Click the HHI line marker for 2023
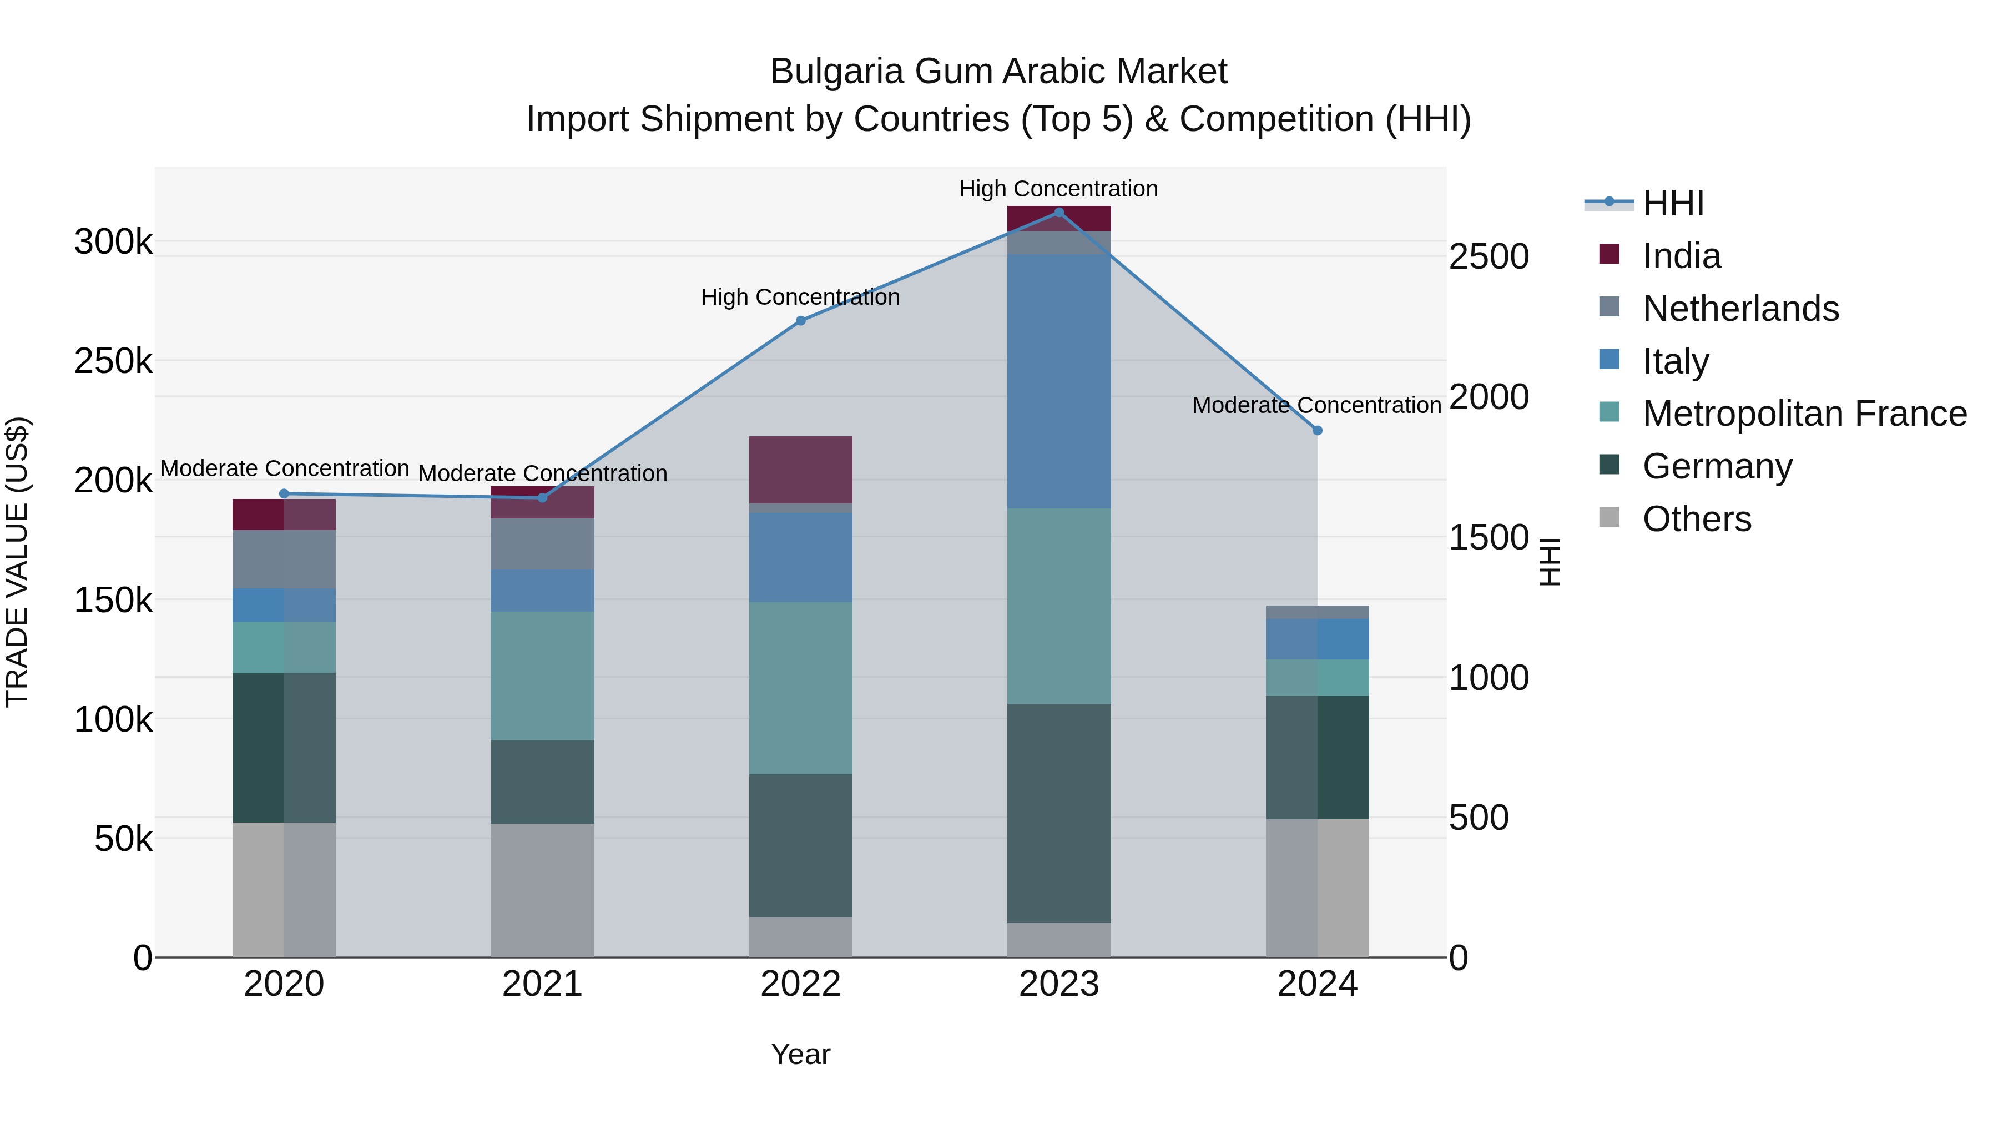pos(1059,213)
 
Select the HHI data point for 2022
pos(800,320)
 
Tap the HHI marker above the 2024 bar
pos(1317,431)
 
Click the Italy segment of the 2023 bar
pos(1059,381)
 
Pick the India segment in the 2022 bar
pos(800,469)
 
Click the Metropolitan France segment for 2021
pos(542,675)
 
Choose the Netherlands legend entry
pos(1740,309)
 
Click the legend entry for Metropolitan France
pos(1804,414)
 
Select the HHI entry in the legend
pos(1672,203)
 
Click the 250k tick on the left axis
pos(113,361)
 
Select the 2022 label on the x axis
pos(800,984)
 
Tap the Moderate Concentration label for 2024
pos(1316,405)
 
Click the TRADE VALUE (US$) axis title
pos(17,562)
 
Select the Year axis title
pos(800,1054)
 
